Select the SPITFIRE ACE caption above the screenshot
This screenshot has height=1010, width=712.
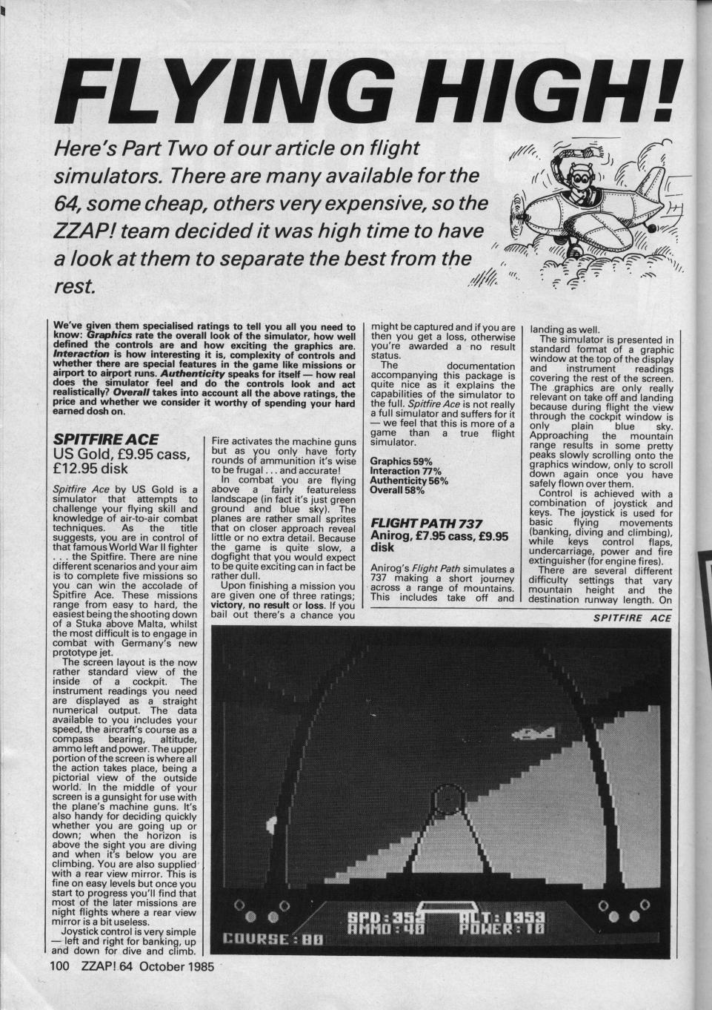[634, 618]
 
